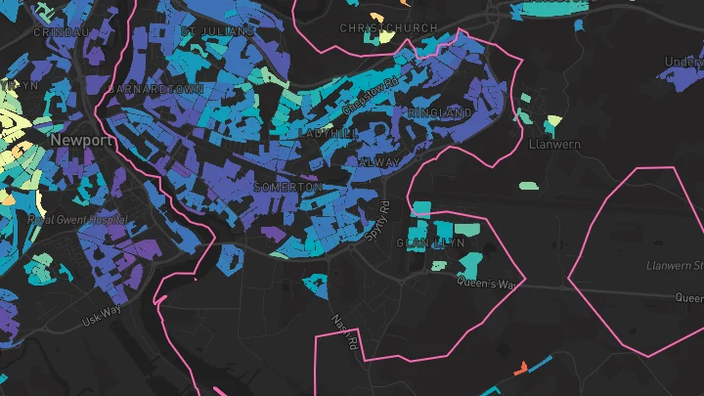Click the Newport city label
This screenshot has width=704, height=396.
[x=81, y=141]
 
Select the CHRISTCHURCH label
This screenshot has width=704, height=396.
[x=388, y=28]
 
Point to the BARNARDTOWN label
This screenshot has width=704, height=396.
[x=157, y=88]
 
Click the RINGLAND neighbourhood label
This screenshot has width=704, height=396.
[x=440, y=113]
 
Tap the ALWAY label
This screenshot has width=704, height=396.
[x=381, y=161]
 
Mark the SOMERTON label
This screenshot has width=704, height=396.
[x=286, y=187]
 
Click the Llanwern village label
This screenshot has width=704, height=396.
[x=554, y=145]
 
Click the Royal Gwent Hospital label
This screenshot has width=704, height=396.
[x=72, y=220]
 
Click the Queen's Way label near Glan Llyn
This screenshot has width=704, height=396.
[x=485, y=284]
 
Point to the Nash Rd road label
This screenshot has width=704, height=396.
[x=341, y=332]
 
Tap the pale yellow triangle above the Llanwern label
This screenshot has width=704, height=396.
[x=554, y=123]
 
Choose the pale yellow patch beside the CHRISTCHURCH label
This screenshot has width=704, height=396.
[x=387, y=37]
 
